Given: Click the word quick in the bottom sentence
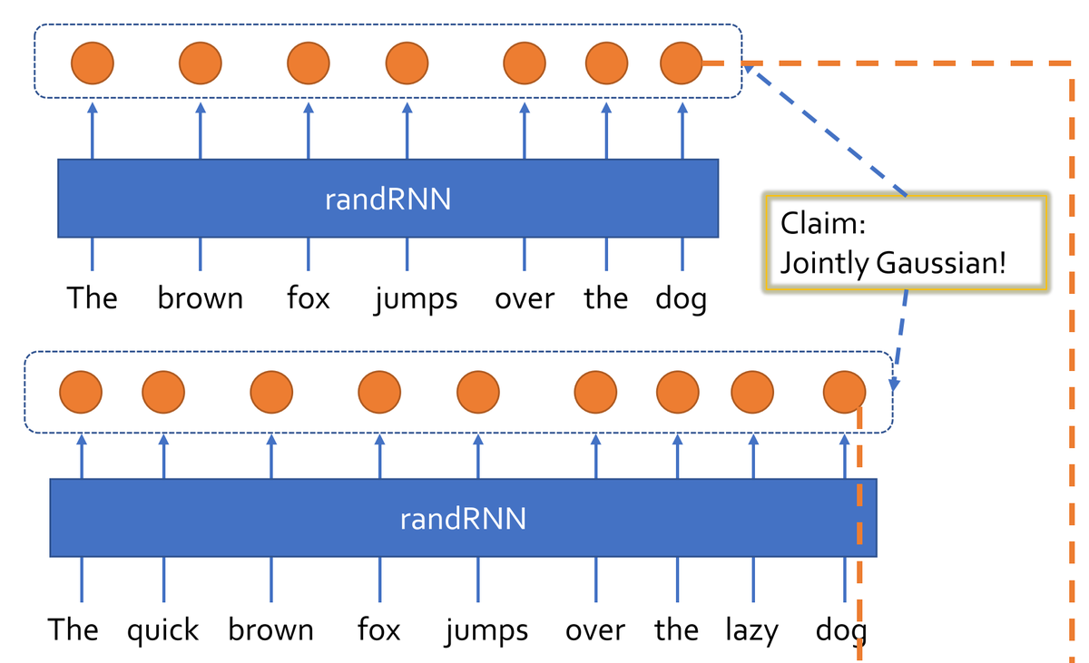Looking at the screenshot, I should [x=162, y=630].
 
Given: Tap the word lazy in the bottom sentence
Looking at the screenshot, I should [x=751, y=630].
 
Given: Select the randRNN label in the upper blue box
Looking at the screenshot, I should [x=388, y=200].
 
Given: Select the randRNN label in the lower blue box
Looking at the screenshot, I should [x=463, y=520].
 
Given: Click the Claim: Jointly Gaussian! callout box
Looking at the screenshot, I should [x=906, y=242].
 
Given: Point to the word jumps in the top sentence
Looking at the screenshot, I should [x=416, y=298].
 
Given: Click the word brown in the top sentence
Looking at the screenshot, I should [x=200, y=298].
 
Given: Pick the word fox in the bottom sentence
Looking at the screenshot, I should [x=378, y=630].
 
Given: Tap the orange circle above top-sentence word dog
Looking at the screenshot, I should [x=682, y=64].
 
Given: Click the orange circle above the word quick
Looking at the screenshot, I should [x=163, y=392].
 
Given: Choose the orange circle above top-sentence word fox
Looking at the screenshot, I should [x=309, y=64].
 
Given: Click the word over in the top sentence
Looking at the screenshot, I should [x=525, y=298].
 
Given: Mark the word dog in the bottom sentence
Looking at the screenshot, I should [x=840, y=630].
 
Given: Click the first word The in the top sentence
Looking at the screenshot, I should [x=92, y=298].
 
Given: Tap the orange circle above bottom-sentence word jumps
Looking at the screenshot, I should [x=478, y=392].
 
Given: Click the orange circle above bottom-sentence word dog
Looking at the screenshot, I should [x=844, y=392].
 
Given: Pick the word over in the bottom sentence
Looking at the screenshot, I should [x=594, y=630].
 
